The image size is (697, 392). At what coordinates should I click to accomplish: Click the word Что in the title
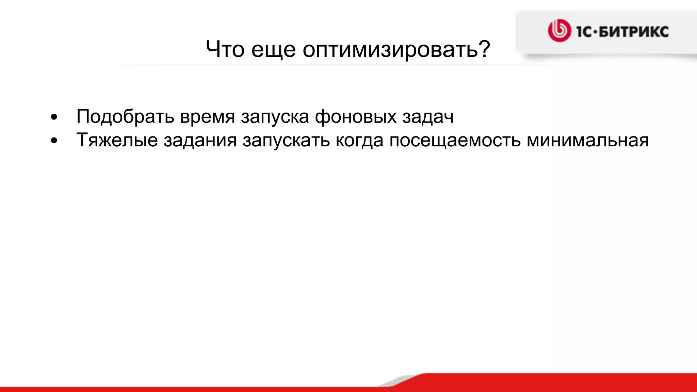(x=225, y=49)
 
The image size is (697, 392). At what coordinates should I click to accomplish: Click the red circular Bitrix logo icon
(x=559, y=31)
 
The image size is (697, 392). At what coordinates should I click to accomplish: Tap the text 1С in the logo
(x=584, y=32)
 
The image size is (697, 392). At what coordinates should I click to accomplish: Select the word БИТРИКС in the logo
(x=633, y=32)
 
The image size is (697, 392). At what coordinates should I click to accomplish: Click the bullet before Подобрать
(x=54, y=117)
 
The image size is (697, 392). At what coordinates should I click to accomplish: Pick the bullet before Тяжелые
(x=54, y=141)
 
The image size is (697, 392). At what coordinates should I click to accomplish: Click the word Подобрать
(x=125, y=117)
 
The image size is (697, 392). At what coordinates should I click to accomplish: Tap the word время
(x=208, y=117)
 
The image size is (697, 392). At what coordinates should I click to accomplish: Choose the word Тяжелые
(x=117, y=141)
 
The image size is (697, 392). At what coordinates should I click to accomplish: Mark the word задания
(x=200, y=141)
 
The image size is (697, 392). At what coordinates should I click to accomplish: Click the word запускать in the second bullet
(x=286, y=141)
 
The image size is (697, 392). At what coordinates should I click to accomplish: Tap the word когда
(x=359, y=141)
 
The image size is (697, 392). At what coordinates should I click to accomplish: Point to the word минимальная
(x=587, y=141)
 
